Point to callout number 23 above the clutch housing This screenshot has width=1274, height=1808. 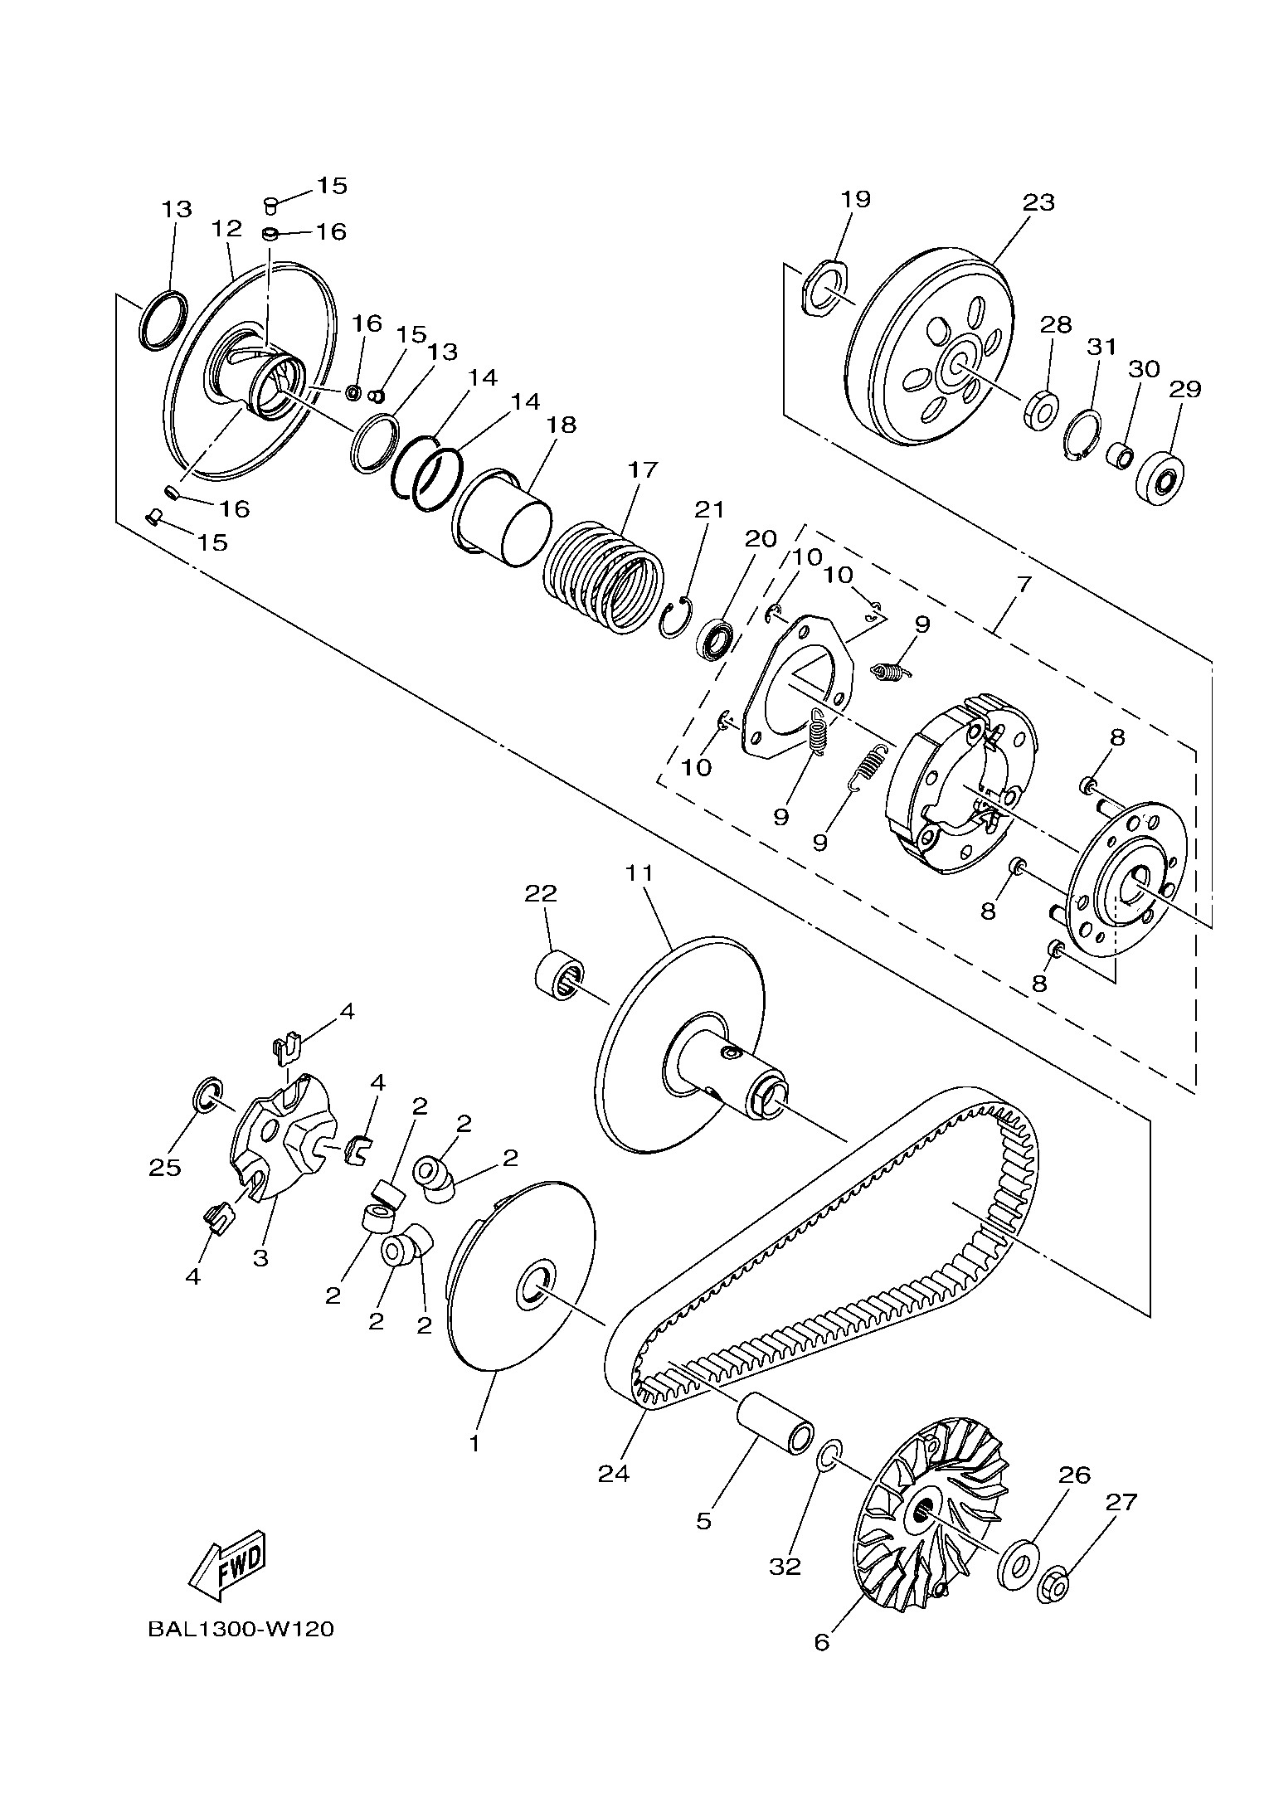tap(1038, 202)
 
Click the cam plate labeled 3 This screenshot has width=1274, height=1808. tap(282, 1136)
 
